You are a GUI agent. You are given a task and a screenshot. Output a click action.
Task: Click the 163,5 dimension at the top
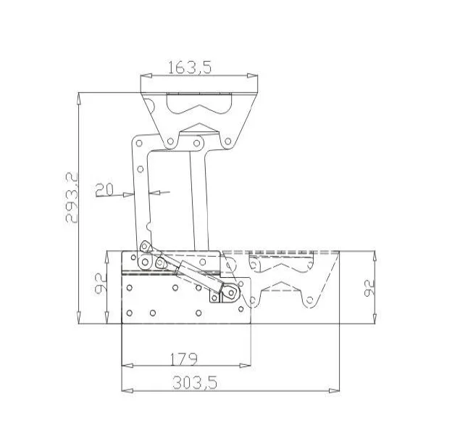coord(189,67)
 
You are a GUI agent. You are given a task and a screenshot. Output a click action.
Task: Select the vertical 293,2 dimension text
coord(71,197)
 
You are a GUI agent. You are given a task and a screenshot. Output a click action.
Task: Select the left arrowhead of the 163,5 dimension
coord(144,75)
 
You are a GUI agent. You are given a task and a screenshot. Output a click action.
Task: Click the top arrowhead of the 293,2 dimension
coord(79,96)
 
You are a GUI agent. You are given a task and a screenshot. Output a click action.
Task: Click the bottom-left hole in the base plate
coord(130,313)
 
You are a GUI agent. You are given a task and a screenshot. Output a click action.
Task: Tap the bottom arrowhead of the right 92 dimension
coord(375,319)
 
